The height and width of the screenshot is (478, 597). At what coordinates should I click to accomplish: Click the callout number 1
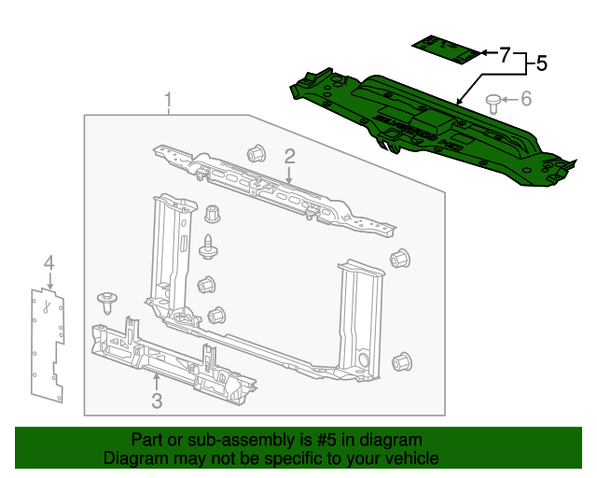tap(169, 100)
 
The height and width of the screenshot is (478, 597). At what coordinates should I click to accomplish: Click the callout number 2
tap(290, 155)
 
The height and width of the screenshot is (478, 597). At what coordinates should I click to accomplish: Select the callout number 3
tap(157, 401)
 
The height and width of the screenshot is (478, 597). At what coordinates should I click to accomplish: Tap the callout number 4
tap(49, 263)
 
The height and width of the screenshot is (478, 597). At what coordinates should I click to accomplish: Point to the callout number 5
tap(540, 64)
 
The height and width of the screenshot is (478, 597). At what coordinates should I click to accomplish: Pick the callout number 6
tap(525, 98)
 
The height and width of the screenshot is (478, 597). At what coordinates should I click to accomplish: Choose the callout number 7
tap(505, 55)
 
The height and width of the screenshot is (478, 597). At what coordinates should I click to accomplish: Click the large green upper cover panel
tap(420, 121)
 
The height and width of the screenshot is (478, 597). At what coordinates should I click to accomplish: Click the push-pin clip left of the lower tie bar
tap(107, 302)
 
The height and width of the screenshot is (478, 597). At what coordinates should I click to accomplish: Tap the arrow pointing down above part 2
tap(290, 174)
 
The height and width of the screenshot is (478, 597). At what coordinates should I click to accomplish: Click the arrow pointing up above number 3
tap(157, 381)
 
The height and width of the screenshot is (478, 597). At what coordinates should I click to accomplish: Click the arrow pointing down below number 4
tap(49, 280)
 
